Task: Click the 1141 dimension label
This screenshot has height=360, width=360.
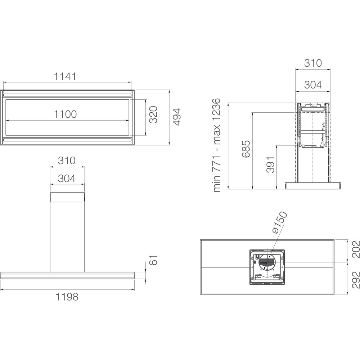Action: click(x=65, y=76)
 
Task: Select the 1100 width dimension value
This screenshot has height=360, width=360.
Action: click(x=65, y=114)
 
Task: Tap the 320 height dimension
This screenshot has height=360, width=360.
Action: click(x=153, y=114)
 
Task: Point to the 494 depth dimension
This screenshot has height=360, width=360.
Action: click(x=177, y=117)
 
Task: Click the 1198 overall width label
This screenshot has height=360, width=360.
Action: click(x=67, y=297)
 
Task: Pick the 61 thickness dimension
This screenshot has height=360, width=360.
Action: click(x=153, y=260)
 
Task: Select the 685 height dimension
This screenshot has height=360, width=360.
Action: click(x=246, y=149)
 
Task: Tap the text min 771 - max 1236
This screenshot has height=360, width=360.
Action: click(x=216, y=145)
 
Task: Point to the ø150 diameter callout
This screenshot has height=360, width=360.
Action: click(x=280, y=222)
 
